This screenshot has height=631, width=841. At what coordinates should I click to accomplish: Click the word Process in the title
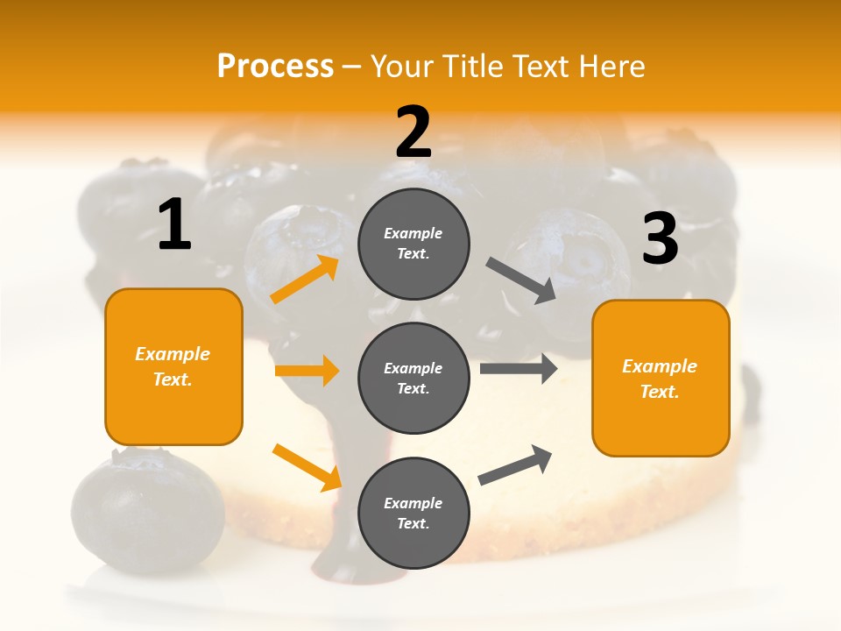click(275, 67)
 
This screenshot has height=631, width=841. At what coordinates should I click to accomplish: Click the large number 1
click(174, 224)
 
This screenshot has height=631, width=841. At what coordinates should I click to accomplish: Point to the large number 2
click(413, 132)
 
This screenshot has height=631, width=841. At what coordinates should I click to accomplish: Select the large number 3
click(660, 238)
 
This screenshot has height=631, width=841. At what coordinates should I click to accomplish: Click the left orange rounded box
click(173, 366)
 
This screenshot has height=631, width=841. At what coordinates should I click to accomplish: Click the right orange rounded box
click(661, 379)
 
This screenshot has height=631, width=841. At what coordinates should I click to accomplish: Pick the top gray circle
click(413, 244)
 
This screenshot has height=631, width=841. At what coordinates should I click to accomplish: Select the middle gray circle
click(413, 378)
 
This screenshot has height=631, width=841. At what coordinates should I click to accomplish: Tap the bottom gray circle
click(413, 513)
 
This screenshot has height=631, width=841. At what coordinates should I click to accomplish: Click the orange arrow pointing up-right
click(305, 280)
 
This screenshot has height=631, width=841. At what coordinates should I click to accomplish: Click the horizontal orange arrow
click(307, 371)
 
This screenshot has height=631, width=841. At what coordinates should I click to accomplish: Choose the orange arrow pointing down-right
click(307, 467)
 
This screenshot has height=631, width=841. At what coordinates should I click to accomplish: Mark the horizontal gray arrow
click(518, 368)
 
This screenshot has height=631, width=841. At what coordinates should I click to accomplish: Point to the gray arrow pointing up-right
click(515, 465)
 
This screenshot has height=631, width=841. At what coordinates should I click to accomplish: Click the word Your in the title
click(403, 67)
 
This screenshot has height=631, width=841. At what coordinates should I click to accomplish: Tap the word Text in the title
click(540, 67)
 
